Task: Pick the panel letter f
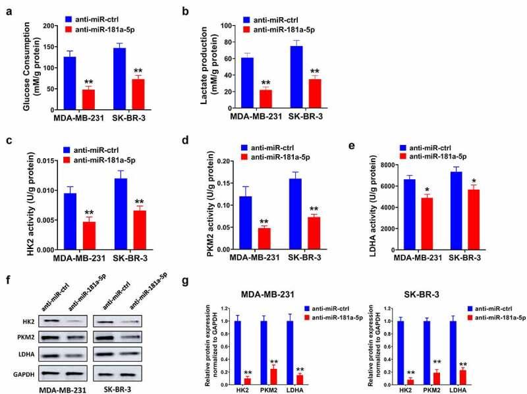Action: pyautogui.click(x=6, y=266)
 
